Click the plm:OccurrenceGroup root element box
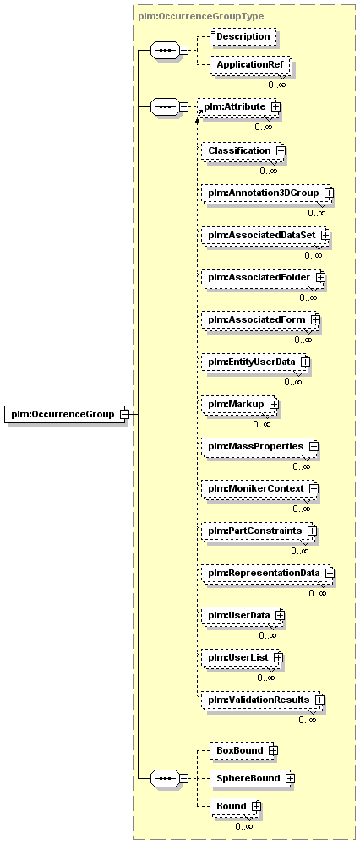click(x=65, y=414)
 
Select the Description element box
click(x=243, y=36)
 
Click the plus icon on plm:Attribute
click(x=275, y=106)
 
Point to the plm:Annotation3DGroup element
click(x=265, y=193)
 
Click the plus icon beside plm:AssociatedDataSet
click(x=325, y=235)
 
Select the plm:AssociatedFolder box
click(x=261, y=277)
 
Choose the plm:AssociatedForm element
click(x=259, y=319)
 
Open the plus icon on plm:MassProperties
click(x=314, y=446)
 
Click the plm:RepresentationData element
click(x=265, y=574)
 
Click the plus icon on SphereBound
click(x=291, y=778)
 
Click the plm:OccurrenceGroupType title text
click(x=201, y=16)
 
